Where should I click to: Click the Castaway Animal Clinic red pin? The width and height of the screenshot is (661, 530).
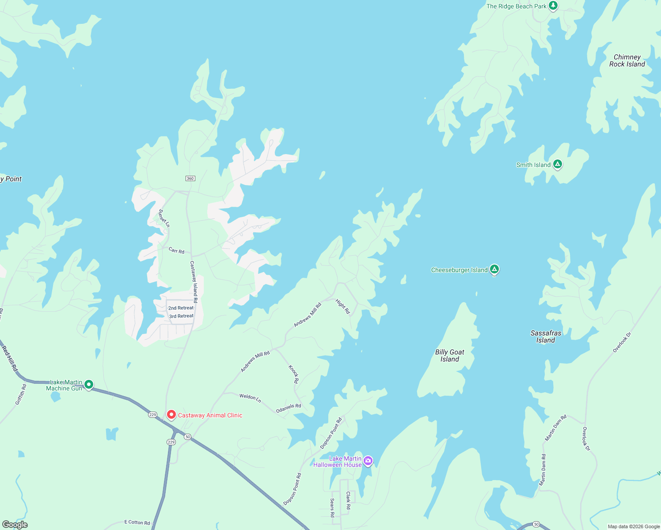(x=171, y=415)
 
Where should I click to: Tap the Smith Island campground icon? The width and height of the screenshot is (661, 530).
(x=558, y=164)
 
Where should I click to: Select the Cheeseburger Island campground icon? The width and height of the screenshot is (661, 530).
(x=494, y=269)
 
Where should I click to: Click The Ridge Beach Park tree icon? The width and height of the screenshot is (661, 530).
(x=553, y=6)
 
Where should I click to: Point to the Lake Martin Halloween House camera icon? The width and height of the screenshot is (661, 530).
(x=368, y=461)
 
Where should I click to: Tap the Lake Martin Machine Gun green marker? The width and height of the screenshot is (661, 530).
(x=89, y=385)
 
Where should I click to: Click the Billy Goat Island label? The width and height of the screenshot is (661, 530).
(x=449, y=356)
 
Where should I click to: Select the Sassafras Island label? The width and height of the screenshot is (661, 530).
(x=546, y=337)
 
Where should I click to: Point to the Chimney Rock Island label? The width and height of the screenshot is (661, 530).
(x=627, y=61)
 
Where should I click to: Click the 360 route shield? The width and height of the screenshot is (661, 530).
(x=190, y=178)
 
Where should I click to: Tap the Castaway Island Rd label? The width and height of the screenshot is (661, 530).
(x=194, y=278)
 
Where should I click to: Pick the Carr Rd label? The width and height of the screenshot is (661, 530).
(x=176, y=250)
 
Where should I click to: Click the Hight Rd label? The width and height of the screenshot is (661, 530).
(x=342, y=307)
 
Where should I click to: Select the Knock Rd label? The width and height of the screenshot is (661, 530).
(x=293, y=374)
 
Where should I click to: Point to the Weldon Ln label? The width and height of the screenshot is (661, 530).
(x=250, y=397)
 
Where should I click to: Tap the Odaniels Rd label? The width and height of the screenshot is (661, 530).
(x=289, y=408)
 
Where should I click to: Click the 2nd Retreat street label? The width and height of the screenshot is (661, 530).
(x=181, y=308)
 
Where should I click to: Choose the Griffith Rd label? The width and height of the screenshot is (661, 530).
(x=21, y=394)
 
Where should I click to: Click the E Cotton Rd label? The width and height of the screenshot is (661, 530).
(x=137, y=522)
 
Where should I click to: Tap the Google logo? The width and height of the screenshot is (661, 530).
(x=15, y=525)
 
